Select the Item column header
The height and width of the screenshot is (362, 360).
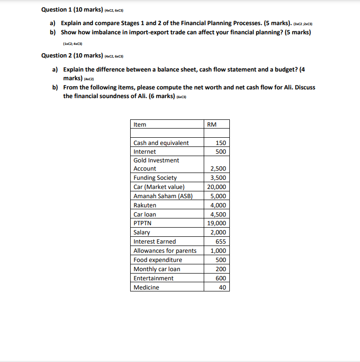tap(140, 125)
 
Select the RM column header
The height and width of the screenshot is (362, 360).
tap(211, 125)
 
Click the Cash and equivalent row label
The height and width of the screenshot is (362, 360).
tap(161, 143)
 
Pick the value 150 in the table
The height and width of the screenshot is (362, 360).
tap(221, 143)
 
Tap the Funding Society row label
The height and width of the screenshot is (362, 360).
tap(155, 178)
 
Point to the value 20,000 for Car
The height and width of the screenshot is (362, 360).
tap(216, 187)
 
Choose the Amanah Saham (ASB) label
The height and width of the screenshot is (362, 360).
tap(163, 196)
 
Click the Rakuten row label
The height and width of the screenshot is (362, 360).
tap(145, 205)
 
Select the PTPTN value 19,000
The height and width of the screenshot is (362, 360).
tap(216, 223)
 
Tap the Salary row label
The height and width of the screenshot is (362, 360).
tap(142, 232)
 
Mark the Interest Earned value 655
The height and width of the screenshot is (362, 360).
tap(221, 242)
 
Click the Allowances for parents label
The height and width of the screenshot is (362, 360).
tap(165, 251)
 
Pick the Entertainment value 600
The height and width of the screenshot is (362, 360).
tap(221, 278)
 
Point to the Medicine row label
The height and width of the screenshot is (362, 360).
tap(146, 288)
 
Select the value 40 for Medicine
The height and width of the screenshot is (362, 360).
tap(222, 288)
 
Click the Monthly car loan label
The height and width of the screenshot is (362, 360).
tap(157, 269)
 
